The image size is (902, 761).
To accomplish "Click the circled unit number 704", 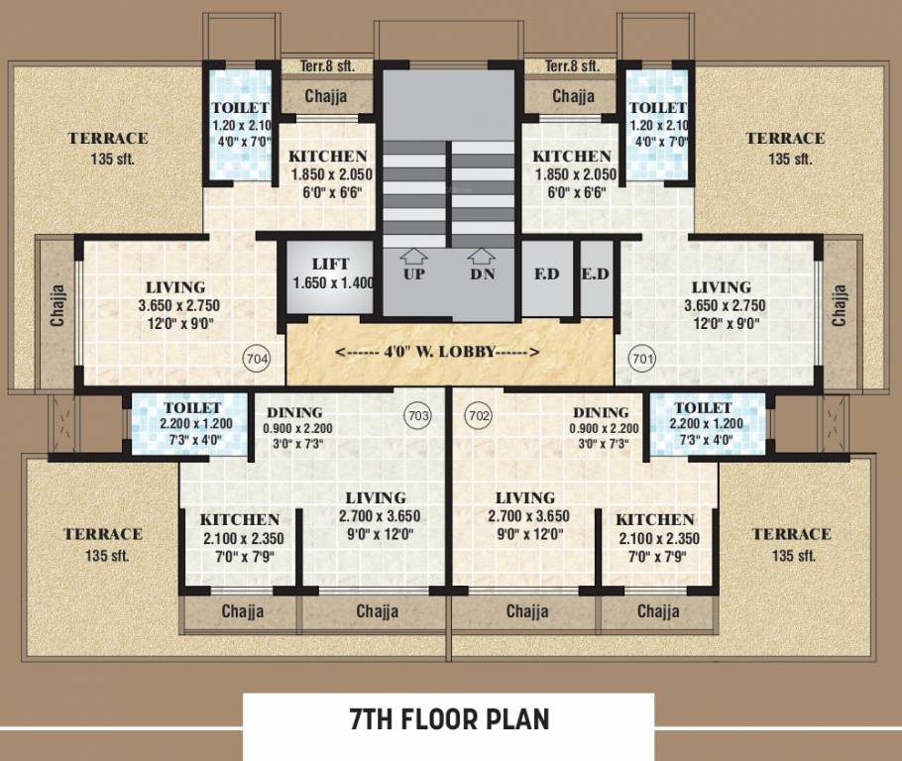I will click(x=256, y=358).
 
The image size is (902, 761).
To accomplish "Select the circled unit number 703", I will click(x=418, y=416).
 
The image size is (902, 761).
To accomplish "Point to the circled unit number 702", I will click(x=478, y=416).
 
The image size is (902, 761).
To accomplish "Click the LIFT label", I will click(x=330, y=265).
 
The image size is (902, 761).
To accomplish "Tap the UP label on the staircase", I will click(x=414, y=273).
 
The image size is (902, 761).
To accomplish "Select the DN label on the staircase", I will click(x=482, y=273).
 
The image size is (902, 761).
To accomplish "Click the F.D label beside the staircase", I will click(x=546, y=273).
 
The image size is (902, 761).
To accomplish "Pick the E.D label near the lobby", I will click(x=595, y=273).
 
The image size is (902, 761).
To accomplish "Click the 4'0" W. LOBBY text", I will click(x=437, y=352).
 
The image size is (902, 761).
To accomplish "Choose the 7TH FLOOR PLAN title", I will click(x=449, y=718).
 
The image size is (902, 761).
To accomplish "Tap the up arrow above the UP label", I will click(x=414, y=255).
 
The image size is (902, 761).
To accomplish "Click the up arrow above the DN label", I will click(x=482, y=255).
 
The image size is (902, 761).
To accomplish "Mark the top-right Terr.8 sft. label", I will click(x=572, y=66).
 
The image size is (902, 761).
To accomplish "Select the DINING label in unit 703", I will click(x=294, y=412).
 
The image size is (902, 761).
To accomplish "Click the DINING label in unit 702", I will click(x=602, y=412).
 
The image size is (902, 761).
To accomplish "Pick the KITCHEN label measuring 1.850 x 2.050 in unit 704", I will click(x=328, y=157).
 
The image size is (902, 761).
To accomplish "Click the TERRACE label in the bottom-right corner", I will click(x=791, y=534).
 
